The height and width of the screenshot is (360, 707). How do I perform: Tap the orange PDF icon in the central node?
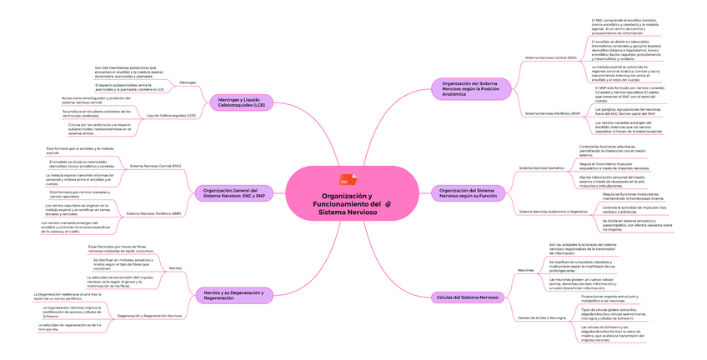[x=343, y=181]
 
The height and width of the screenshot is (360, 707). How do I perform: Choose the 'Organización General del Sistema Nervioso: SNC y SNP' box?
[x=233, y=194]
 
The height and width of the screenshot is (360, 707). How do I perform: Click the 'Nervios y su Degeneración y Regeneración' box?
[x=233, y=295]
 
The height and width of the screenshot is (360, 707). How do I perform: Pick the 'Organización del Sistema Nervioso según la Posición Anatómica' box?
[x=471, y=88]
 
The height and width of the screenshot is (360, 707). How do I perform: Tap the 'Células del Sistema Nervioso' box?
[x=468, y=297]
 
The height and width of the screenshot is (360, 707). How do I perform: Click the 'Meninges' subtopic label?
[x=188, y=82]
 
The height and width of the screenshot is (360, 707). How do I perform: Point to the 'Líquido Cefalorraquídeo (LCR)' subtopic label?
[x=171, y=115]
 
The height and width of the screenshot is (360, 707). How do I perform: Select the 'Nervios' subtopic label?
[x=175, y=267]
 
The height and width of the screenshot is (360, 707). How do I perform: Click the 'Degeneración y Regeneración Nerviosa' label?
[x=150, y=316]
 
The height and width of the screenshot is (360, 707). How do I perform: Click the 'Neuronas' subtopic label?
[x=526, y=270]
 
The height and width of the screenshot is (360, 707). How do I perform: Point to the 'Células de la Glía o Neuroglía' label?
[x=542, y=317]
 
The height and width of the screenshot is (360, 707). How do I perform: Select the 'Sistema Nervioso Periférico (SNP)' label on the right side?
[x=553, y=112]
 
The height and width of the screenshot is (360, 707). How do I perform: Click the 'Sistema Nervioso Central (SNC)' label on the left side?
[x=155, y=166]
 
